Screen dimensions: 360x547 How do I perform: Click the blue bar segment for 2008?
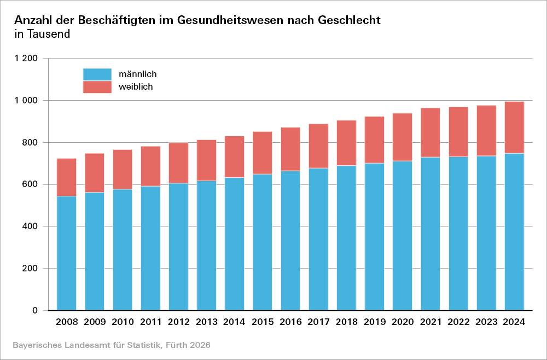[67, 253]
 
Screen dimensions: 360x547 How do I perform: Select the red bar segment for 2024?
[514, 127]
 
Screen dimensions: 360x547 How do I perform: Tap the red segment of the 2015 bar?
[262, 153]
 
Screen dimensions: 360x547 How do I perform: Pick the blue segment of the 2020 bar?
[402, 236]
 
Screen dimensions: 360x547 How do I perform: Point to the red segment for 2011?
[150, 166]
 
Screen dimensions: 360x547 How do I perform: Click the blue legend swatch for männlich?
[97, 74]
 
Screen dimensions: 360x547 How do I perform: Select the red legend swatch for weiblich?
[97, 87]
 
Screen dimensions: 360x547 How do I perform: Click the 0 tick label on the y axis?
[35, 311]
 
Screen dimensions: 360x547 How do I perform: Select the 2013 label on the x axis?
[207, 322]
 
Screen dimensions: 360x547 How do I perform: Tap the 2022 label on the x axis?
[458, 322]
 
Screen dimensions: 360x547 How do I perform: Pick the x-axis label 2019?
[374, 322]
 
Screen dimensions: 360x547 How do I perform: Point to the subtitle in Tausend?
[42, 34]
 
